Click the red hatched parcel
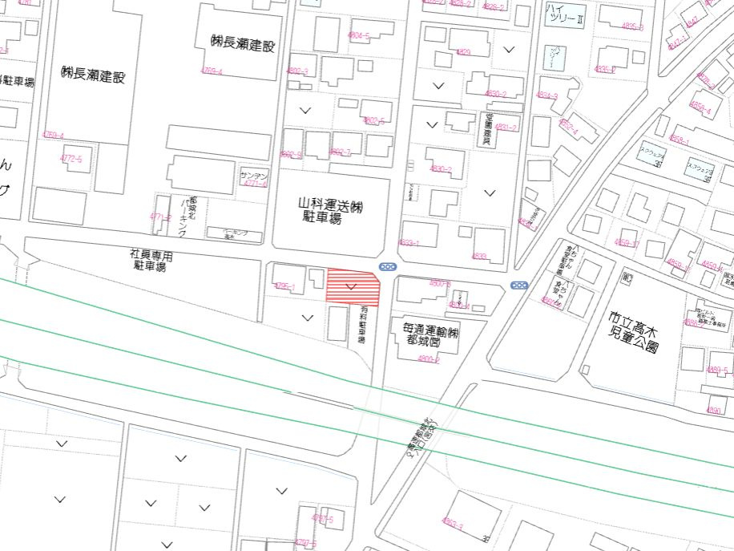pos(352,286)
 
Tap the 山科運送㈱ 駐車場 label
pos(331,212)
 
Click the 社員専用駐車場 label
pos(151,261)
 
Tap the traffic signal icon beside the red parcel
pos(387,267)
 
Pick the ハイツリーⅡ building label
pos(566,13)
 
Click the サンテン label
pos(254,175)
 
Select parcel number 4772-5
pos(71,159)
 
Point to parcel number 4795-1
pos(285,286)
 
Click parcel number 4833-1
pos(409,242)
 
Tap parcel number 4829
pos(463,52)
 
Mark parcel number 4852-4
pos(567,128)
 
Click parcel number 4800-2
pos(429,359)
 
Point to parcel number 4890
pos(714,410)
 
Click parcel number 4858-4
pos(700,110)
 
